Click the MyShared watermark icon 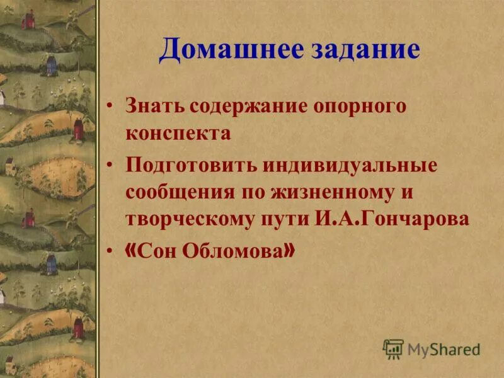[x=393, y=348]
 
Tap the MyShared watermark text [x=444, y=348]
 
